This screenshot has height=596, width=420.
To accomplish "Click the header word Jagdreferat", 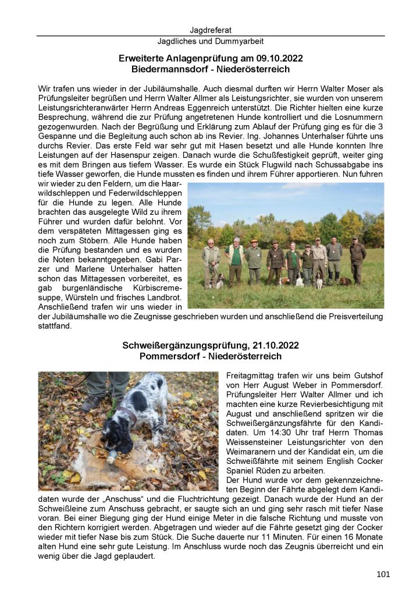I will tap(210, 30).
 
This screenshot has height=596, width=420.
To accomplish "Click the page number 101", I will tap(383, 574).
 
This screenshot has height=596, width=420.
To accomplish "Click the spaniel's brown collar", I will tap(127, 415).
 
